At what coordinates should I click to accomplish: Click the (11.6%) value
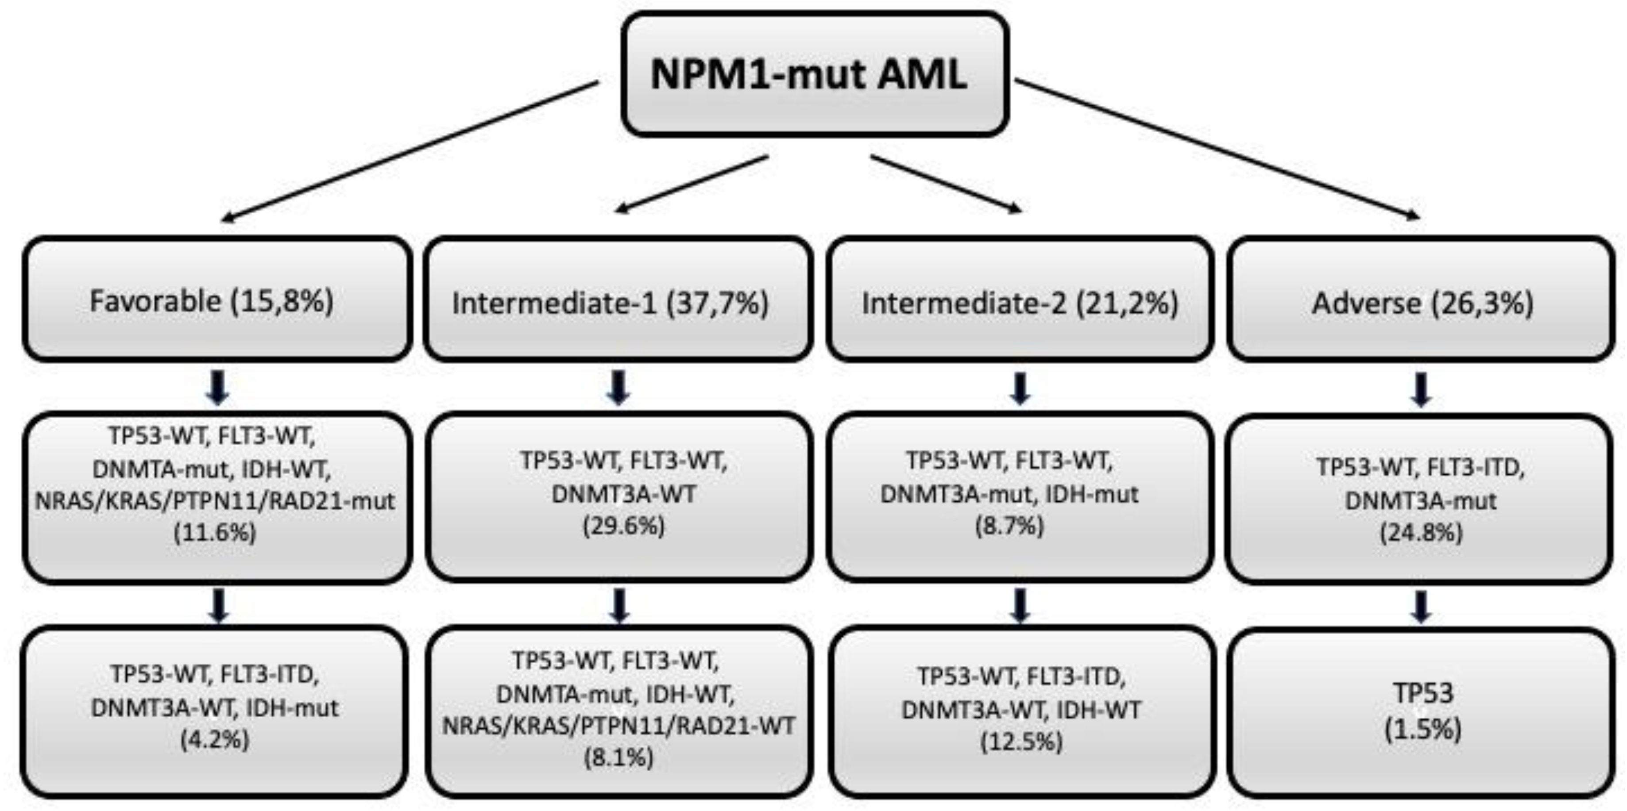click(x=215, y=533)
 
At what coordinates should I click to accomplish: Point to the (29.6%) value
click(x=623, y=526)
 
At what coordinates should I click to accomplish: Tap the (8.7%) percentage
click(x=1009, y=526)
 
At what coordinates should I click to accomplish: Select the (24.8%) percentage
click(x=1421, y=533)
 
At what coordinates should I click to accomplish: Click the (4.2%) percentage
click(x=215, y=738)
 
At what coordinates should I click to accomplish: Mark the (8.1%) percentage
click(x=618, y=757)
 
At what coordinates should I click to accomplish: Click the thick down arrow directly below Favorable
click(x=218, y=387)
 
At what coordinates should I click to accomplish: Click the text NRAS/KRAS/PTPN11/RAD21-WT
click(x=618, y=726)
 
